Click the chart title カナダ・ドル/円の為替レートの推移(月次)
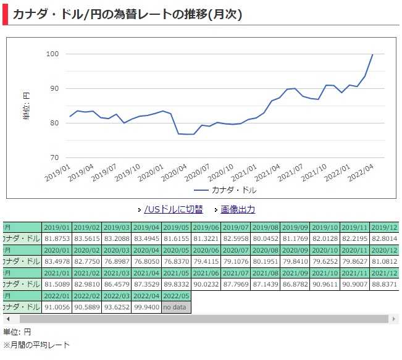point(127,13)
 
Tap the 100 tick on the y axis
point(52,54)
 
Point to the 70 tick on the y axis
point(54,157)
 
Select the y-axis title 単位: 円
point(27,106)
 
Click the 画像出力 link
point(238,209)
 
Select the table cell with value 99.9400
point(146,308)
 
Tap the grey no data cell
point(176,308)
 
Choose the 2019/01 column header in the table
point(56,227)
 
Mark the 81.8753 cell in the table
point(56,238)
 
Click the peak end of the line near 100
point(372,54)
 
